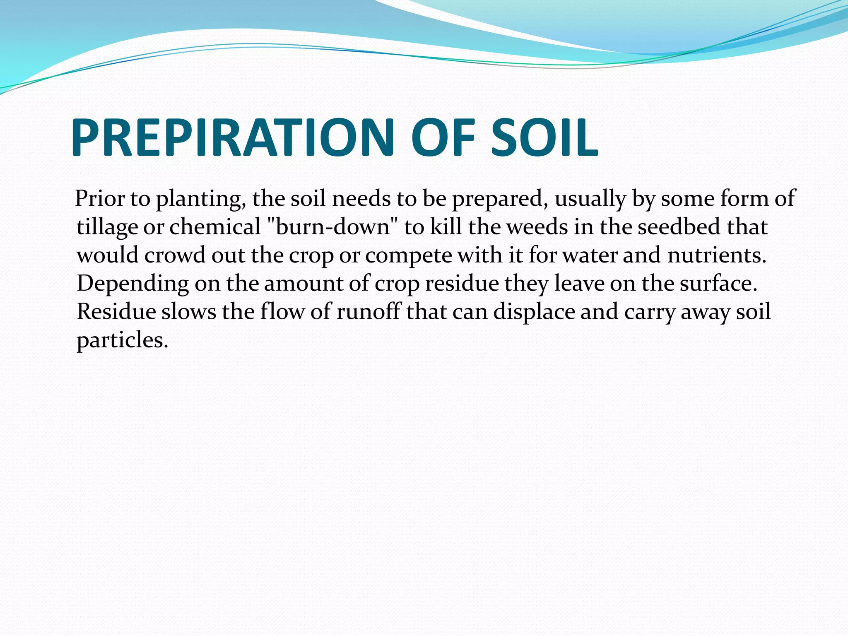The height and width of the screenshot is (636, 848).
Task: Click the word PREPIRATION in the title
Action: [232, 137]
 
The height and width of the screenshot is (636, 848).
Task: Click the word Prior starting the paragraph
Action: [100, 199]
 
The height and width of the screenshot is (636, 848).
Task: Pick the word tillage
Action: [107, 228]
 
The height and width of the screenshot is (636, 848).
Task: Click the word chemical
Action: [214, 227]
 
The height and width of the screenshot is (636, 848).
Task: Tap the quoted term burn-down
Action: [332, 227]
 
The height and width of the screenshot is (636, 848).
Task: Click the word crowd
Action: [174, 255]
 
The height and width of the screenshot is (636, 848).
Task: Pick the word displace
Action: [534, 312]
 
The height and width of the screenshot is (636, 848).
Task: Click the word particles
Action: [122, 340]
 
